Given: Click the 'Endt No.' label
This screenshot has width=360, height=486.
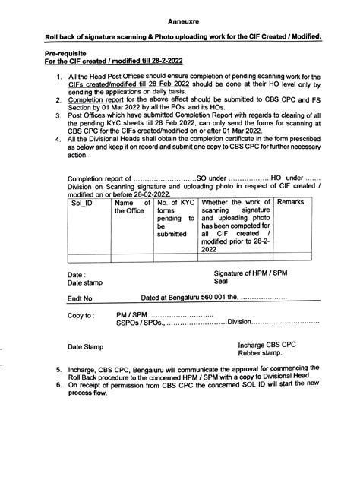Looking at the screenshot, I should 81,320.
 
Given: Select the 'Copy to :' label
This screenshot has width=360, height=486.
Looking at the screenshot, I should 81,336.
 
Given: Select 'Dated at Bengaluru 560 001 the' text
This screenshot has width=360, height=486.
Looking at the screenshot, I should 194,320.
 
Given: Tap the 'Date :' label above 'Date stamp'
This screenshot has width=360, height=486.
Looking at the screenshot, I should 76,294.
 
